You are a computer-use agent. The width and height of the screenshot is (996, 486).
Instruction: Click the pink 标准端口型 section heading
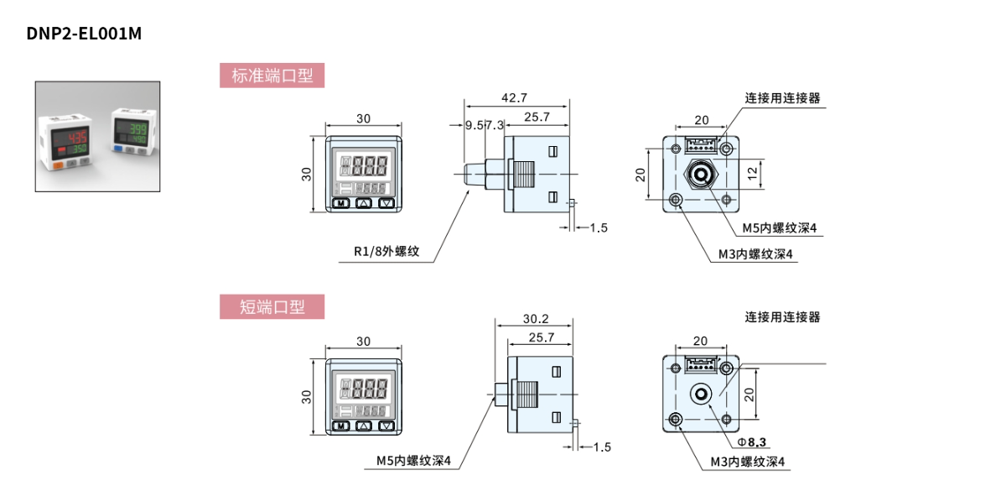(272, 76)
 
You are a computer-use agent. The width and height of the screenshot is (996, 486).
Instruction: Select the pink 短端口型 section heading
(272, 306)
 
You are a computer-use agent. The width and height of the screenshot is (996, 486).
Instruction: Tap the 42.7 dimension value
(514, 98)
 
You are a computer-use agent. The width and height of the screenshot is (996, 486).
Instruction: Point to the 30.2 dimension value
(535, 319)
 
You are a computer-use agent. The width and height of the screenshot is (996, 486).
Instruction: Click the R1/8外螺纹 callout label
(386, 250)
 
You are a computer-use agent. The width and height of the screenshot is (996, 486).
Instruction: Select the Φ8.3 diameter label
(753, 442)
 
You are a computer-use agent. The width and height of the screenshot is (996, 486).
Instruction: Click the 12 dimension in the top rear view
(753, 172)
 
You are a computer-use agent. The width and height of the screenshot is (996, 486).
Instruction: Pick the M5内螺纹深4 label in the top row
(779, 227)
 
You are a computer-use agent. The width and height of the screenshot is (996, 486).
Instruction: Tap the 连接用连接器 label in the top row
(782, 98)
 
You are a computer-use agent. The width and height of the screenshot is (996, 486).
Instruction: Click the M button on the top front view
(341, 202)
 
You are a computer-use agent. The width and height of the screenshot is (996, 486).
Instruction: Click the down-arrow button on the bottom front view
(386, 426)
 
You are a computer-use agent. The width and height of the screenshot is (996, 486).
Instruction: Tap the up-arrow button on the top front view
(364, 202)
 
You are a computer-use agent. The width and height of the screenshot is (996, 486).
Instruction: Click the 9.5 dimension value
(474, 125)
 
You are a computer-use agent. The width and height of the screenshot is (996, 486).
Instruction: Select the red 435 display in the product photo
(80, 137)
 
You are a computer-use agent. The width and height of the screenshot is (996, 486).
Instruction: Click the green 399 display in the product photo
(137, 130)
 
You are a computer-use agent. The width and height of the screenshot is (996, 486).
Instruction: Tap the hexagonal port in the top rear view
(699, 175)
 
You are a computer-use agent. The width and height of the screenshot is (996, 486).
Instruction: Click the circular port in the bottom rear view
(699, 395)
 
